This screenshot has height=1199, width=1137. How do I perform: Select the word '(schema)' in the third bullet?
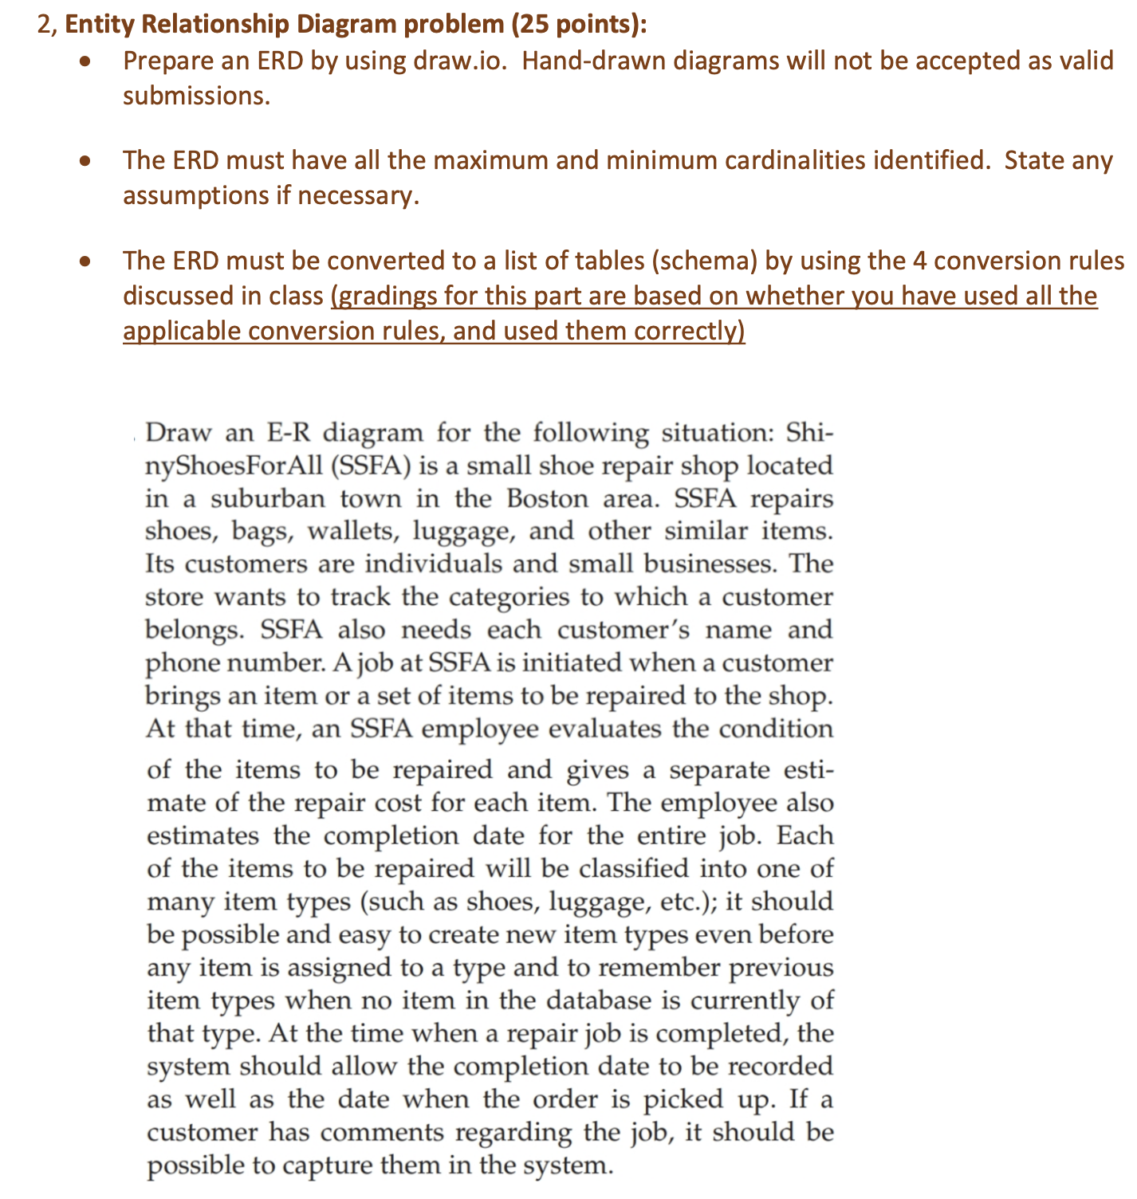pos(712,261)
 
